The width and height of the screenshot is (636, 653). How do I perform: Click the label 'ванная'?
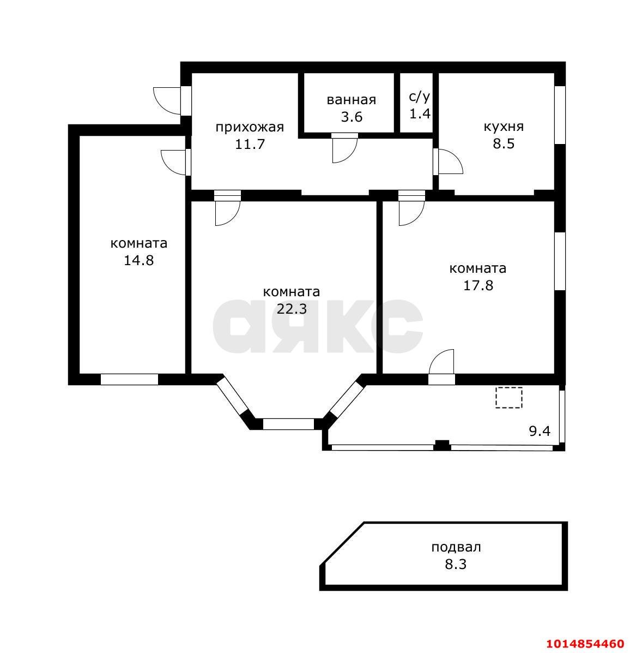351,100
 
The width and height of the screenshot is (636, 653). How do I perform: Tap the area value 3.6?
351,117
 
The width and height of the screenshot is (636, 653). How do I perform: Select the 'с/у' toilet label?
419,97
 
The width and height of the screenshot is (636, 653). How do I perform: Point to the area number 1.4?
419,113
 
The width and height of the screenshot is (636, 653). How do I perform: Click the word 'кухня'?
504,127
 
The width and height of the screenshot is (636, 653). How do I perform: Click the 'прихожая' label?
250,128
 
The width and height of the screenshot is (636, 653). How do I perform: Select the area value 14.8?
138,260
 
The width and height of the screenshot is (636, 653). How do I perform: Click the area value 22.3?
292,309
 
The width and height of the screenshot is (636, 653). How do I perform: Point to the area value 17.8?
477,285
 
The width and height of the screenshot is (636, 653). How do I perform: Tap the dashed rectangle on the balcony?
508,398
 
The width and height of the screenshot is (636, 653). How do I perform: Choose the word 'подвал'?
456,547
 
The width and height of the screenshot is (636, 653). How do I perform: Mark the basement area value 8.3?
456,564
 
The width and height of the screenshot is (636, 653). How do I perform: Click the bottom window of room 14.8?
129,379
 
